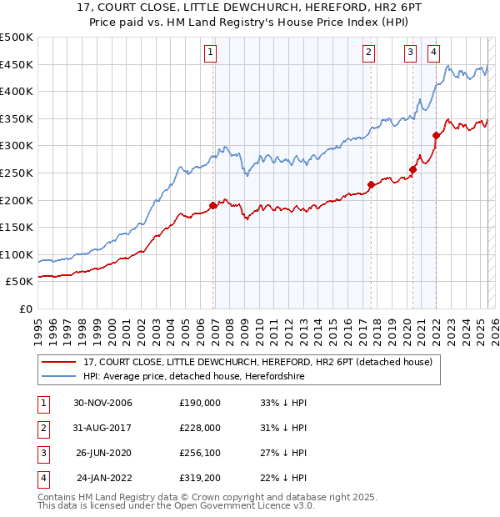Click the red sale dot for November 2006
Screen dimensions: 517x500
pyautogui.click(x=213, y=205)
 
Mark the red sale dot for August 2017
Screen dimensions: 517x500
pyautogui.click(x=372, y=185)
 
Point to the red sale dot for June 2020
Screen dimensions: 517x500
pyautogui.click(x=412, y=169)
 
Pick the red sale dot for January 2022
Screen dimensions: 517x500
pyautogui.click(x=436, y=135)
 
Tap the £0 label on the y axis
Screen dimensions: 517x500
pyautogui.click(x=26, y=309)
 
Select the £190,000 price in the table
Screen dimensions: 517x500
pyautogui.click(x=200, y=403)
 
